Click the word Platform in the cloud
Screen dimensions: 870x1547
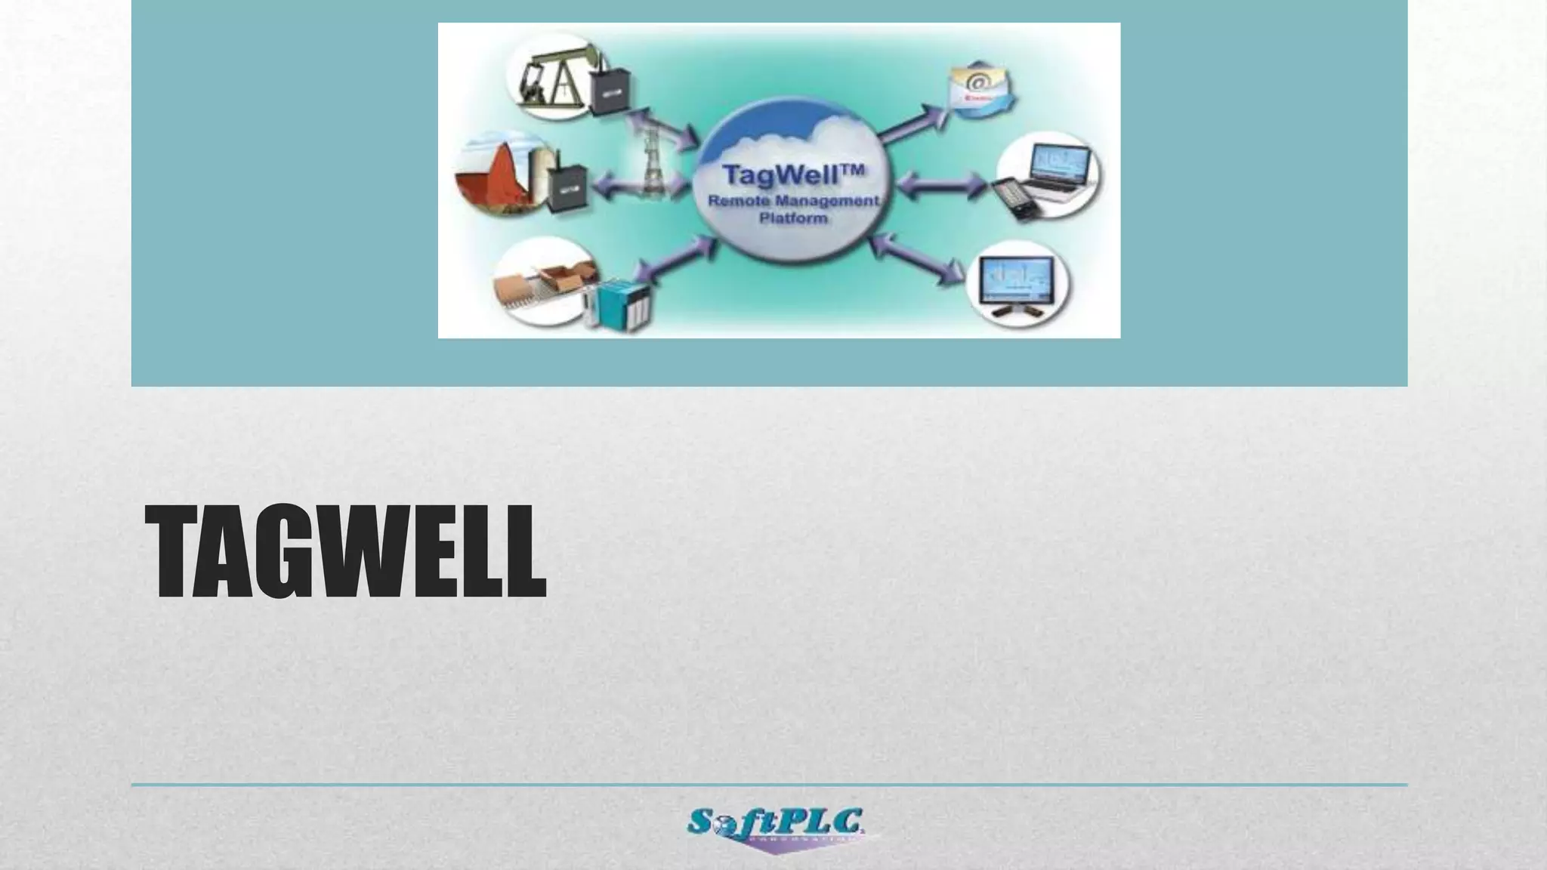point(792,219)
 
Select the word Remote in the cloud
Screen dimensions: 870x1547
point(736,202)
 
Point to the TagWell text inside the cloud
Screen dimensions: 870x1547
point(792,175)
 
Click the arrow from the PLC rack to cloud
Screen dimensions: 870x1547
point(675,259)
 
